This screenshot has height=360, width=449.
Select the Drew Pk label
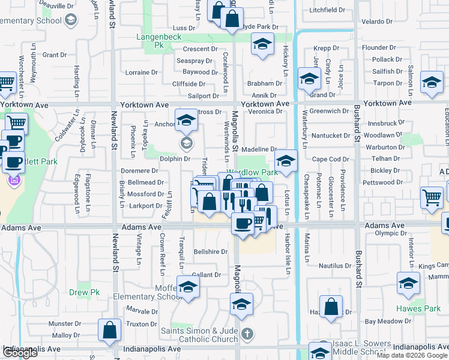coord(84,293)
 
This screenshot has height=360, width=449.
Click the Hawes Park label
coord(418,308)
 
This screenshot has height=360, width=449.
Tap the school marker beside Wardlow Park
coord(286,161)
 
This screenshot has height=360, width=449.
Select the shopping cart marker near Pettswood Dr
coord(432,197)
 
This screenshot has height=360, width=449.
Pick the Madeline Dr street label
coord(259,149)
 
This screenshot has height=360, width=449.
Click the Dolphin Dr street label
coord(175,159)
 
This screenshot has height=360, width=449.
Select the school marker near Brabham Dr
coord(309,79)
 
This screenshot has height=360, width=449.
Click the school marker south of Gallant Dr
coord(241,307)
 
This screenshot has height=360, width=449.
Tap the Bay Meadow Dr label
coord(387,322)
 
